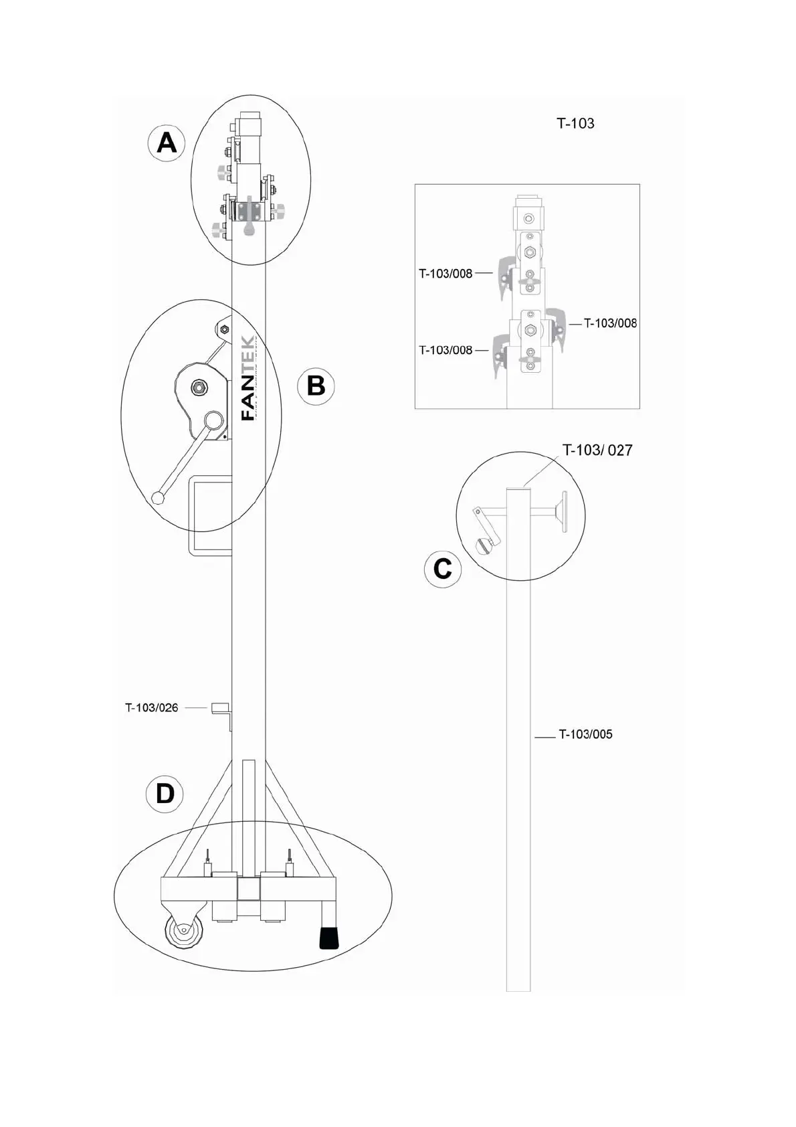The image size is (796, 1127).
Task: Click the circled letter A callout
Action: point(167,143)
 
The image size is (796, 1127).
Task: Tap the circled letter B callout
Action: point(316,386)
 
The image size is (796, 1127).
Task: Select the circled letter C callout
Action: point(443,569)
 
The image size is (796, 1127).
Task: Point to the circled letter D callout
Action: point(165,794)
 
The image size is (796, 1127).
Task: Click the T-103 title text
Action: point(575,123)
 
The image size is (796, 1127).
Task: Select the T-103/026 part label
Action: point(152,708)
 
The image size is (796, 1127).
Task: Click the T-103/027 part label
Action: point(597,450)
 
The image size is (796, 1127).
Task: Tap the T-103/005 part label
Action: point(585,734)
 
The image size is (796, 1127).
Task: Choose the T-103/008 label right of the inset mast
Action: point(610,323)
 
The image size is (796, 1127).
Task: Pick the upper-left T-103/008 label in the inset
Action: point(445,274)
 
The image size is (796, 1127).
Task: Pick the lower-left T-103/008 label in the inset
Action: point(445,350)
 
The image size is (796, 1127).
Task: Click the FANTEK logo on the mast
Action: point(248,377)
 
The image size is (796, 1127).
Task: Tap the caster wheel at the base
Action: point(182,932)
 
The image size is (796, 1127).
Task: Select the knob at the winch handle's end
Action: point(159,497)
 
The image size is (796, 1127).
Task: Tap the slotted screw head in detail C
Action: point(484,545)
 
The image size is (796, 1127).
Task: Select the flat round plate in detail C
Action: point(565,512)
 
